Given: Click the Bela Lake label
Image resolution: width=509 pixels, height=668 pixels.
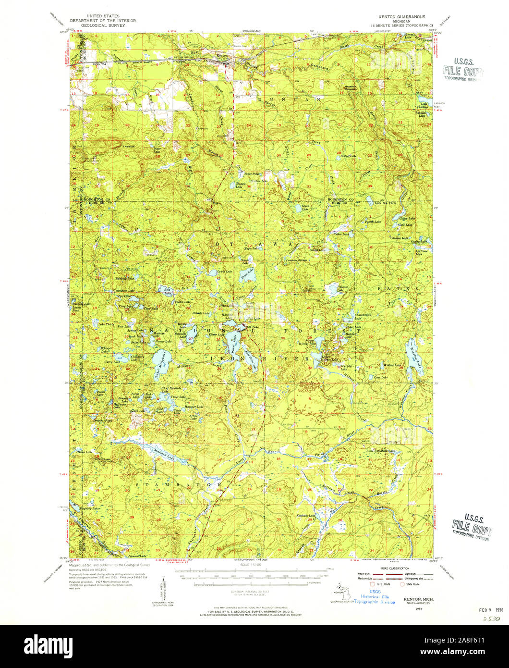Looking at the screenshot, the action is coord(168,292).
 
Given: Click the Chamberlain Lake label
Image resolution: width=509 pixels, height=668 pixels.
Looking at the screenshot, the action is coord(363,315).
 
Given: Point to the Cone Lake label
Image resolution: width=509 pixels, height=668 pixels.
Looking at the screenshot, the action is coord(380,378).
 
